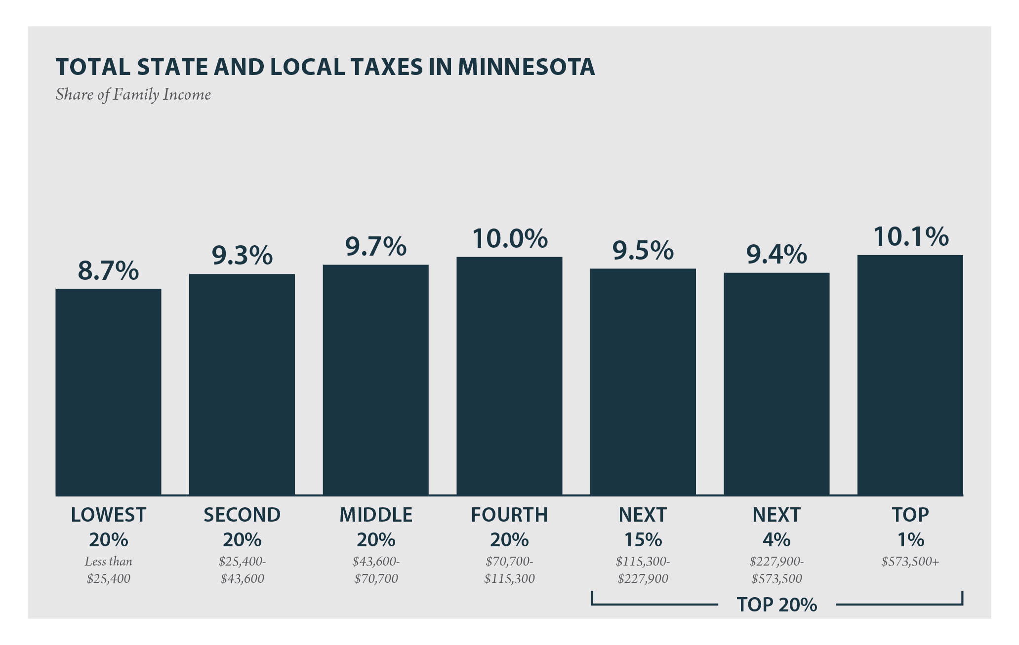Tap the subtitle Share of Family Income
133,94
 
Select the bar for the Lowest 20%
108,392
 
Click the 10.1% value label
911,237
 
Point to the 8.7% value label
108,270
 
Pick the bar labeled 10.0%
509,376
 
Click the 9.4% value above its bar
776,255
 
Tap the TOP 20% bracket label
776,605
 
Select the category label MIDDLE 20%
376,527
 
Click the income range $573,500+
910,562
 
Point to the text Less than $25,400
108,570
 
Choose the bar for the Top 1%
910,375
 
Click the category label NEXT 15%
643,527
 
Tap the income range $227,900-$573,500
776,570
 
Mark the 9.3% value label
242,256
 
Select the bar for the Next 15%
643,382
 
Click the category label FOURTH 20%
509,527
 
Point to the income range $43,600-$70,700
376,570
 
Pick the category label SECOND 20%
242,527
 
